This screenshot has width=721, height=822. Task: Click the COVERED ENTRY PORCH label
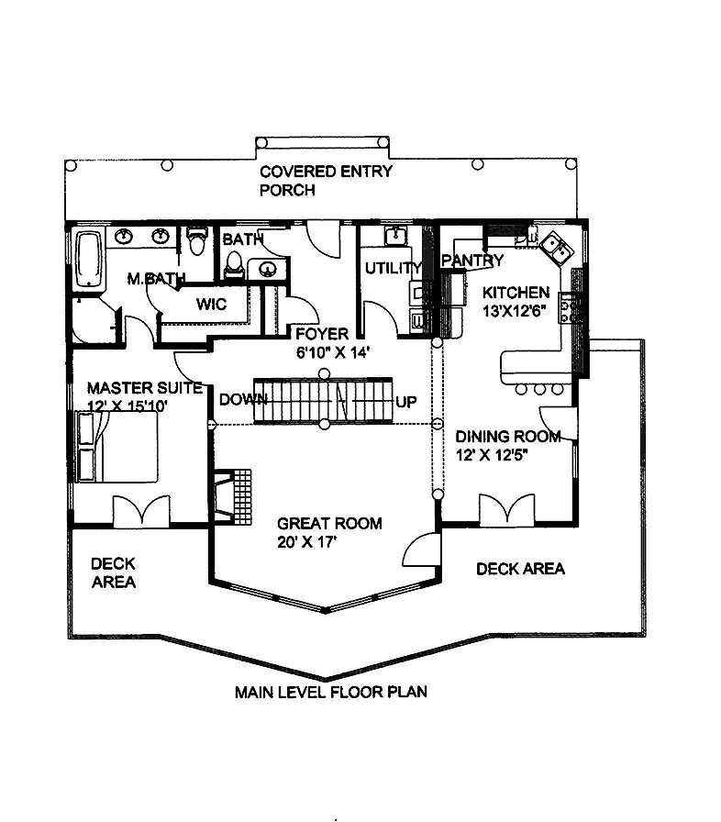click(x=325, y=181)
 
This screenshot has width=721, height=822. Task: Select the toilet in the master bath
click(x=194, y=242)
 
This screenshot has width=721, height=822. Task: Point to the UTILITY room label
click(x=393, y=269)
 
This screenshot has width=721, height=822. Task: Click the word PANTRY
click(x=472, y=261)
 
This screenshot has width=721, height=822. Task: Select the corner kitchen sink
click(x=554, y=246)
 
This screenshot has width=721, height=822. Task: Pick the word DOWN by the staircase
click(x=243, y=400)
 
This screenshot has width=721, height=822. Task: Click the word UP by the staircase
click(x=407, y=402)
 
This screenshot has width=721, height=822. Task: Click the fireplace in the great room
click(x=233, y=496)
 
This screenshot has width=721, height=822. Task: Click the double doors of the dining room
click(x=506, y=508)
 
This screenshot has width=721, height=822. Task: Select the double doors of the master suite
click(x=140, y=510)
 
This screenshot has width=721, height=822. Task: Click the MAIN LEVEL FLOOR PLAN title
click(x=330, y=691)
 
